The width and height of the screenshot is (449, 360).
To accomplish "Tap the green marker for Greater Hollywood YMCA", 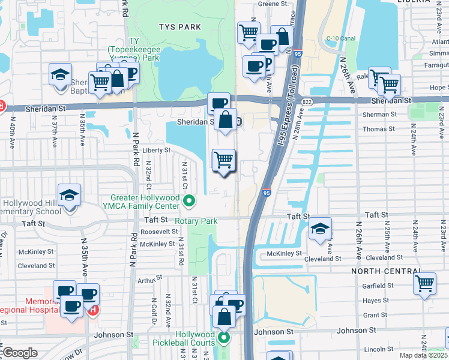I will tap(189, 201).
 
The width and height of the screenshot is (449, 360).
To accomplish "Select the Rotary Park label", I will tap(196, 221).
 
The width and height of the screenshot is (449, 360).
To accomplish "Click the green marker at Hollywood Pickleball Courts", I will tap(224, 338).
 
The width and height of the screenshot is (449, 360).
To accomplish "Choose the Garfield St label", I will tap(378, 286).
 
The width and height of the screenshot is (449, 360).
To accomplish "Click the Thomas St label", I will tap(379, 128).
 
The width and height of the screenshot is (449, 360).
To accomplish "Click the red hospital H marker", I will tap(93, 310).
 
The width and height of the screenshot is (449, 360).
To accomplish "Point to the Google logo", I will tap(20, 353).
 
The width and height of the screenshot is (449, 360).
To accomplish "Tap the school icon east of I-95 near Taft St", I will tap(321, 229).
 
